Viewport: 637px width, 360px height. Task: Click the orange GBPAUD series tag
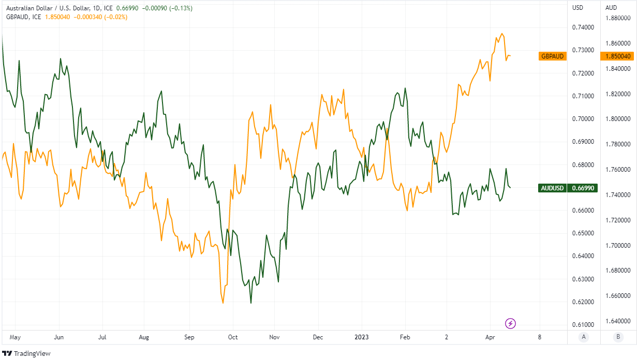coord(552,56)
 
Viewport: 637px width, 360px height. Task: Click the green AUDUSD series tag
coord(552,188)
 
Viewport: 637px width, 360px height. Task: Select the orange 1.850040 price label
coord(617,56)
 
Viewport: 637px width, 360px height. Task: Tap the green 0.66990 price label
coord(583,188)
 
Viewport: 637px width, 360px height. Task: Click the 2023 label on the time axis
coord(362,337)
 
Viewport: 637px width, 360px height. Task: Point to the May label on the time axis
coord(15,337)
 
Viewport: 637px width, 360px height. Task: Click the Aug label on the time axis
coord(144,337)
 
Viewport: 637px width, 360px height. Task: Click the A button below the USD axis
coord(584,337)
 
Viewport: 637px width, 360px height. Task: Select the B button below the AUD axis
coord(617,337)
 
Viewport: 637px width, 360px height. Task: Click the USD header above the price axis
coord(577,8)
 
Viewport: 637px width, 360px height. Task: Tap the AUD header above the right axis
coord(611,8)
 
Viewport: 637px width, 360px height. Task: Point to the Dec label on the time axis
coord(318,337)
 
